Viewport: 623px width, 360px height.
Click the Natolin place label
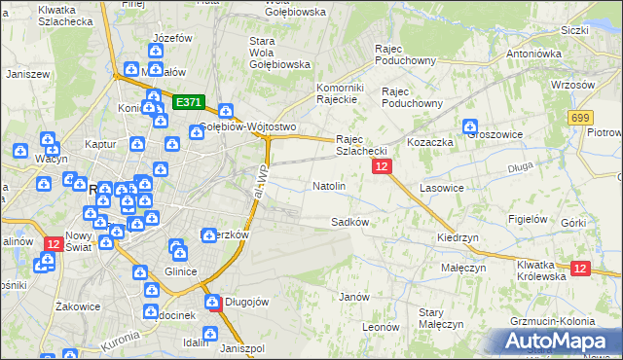point(328,185)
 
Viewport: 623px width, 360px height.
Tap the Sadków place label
point(349,222)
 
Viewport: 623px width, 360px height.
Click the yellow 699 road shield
point(581,117)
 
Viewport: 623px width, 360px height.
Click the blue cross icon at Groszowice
point(470,126)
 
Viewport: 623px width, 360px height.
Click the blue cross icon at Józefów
point(157,52)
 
